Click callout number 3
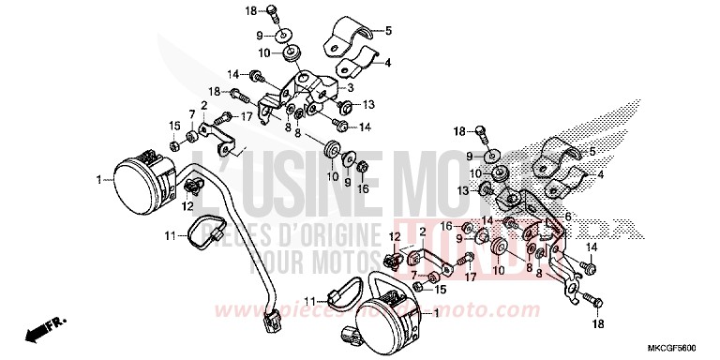(x=350, y=87)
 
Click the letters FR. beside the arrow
(x=58, y=321)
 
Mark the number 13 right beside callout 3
(x=368, y=104)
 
